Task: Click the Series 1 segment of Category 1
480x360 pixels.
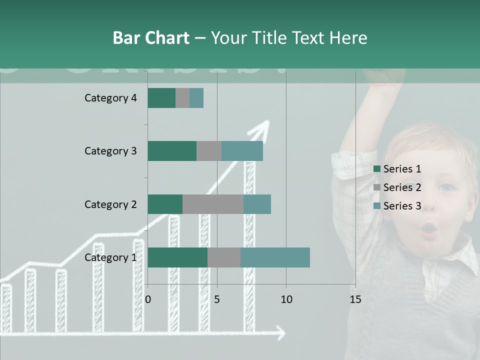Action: click(177, 257)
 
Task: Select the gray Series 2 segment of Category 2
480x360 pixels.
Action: click(213, 204)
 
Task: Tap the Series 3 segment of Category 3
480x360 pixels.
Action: click(242, 151)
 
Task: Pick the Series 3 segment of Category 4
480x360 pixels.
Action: click(196, 98)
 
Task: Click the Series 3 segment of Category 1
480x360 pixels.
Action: click(275, 257)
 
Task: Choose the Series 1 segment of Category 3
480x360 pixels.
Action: click(172, 151)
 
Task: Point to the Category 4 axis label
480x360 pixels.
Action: click(110, 98)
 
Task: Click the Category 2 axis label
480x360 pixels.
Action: click(110, 204)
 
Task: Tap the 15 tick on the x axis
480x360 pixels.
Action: click(355, 299)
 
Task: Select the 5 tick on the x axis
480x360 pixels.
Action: click(217, 299)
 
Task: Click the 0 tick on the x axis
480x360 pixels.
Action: click(148, 299)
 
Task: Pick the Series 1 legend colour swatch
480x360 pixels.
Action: click(377, 169)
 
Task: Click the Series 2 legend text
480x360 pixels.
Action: click(402, 187)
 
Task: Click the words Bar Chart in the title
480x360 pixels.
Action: click(151, 38)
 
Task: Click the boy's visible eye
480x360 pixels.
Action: click(446, 188)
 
